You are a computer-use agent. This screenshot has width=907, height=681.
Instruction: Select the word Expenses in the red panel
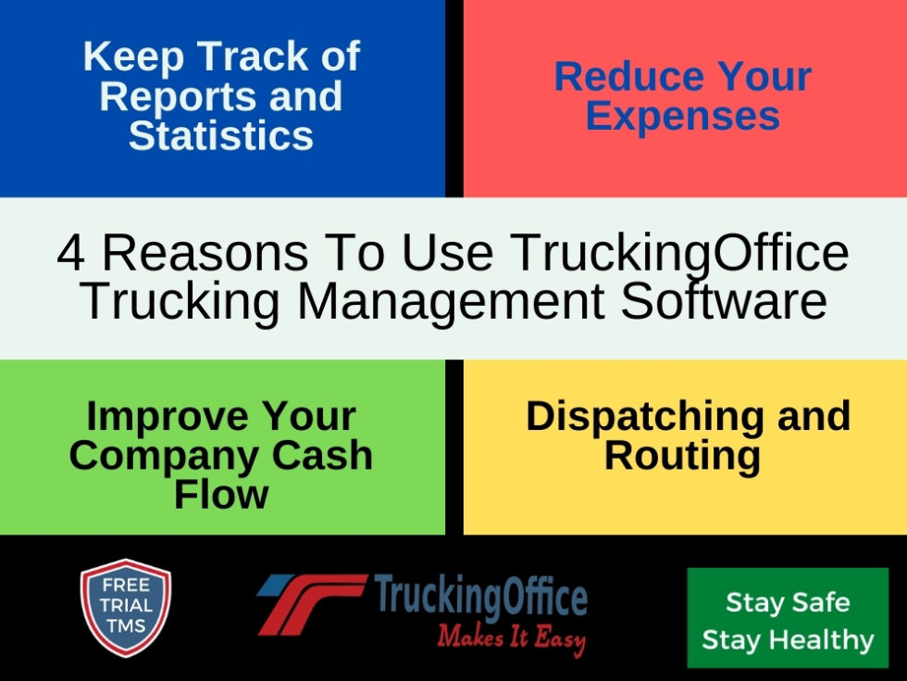[683, 117]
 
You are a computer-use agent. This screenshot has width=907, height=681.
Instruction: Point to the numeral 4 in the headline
[70, 253]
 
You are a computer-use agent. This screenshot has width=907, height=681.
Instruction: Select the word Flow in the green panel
[221, 494]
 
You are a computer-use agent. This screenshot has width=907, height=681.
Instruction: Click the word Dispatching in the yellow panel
[649, 416]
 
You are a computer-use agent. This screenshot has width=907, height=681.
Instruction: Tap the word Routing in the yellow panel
[682, 456]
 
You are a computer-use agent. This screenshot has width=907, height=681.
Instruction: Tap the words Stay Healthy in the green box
[788, 639]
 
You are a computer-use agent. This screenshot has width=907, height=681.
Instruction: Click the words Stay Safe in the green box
[788, 602]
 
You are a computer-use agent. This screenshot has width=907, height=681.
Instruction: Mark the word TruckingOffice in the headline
[679, 253]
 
